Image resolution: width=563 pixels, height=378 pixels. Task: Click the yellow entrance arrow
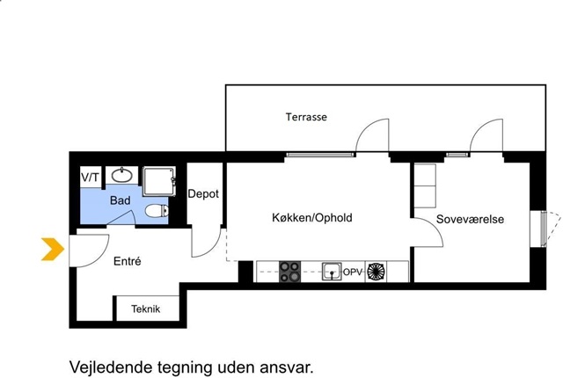coord(53,249)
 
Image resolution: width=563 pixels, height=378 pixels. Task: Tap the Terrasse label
coord(306,117)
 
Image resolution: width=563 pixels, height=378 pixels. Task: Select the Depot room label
coord(203,194)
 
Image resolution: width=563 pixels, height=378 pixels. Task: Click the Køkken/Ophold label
coord(312,218)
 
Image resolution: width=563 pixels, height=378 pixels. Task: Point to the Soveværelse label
coord(470,219)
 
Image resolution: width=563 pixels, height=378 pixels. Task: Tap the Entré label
coord(127,261)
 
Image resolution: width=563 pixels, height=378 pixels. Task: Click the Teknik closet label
coord(145,309)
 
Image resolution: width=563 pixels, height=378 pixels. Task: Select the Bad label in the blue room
coord(120,200)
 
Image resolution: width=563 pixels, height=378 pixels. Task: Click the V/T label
coord(90,178)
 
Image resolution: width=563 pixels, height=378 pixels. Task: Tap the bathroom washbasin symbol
coord(122,175)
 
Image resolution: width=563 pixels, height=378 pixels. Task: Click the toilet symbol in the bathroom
coord(157,210)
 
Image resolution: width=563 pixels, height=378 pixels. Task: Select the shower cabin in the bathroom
coord(159,181)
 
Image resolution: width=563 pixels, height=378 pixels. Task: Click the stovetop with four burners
coord(289,272)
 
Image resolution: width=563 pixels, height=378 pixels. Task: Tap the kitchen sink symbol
coord(332,271)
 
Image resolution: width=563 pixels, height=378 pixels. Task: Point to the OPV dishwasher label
coord(353,273)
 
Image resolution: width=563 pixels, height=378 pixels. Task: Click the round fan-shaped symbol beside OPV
coord(376,272)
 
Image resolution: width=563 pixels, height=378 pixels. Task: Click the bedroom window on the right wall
coord(545,229)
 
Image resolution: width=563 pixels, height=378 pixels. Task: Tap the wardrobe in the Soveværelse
coord(425,185)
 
